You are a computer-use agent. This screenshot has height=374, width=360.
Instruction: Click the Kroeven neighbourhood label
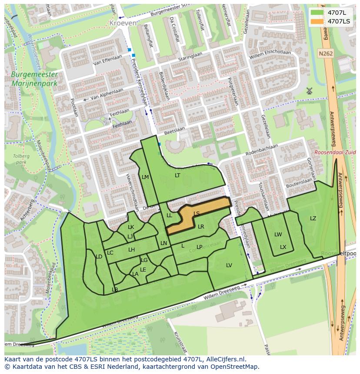click(x=123, y=23)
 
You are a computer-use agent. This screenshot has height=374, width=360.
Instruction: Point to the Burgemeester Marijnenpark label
click(x=35, y=79)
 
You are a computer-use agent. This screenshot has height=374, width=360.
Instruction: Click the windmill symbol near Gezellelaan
click(x=310, y=91)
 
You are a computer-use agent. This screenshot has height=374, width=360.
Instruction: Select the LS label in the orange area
click(x=197, y=213)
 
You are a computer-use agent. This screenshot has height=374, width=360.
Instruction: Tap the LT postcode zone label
click(x=177, y=175)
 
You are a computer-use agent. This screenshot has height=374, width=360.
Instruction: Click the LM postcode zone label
click(x=145, y=177)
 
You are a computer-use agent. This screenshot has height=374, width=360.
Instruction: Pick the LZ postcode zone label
click(x=313, y=218)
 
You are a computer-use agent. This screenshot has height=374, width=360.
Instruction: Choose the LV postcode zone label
click(x=229, y=265)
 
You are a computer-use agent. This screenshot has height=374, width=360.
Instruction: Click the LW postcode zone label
click(x=278, y=235)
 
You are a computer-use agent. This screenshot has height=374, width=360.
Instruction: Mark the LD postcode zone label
click(x=99, y=257)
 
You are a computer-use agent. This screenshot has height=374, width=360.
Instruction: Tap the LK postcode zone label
click(x=131, y=227)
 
